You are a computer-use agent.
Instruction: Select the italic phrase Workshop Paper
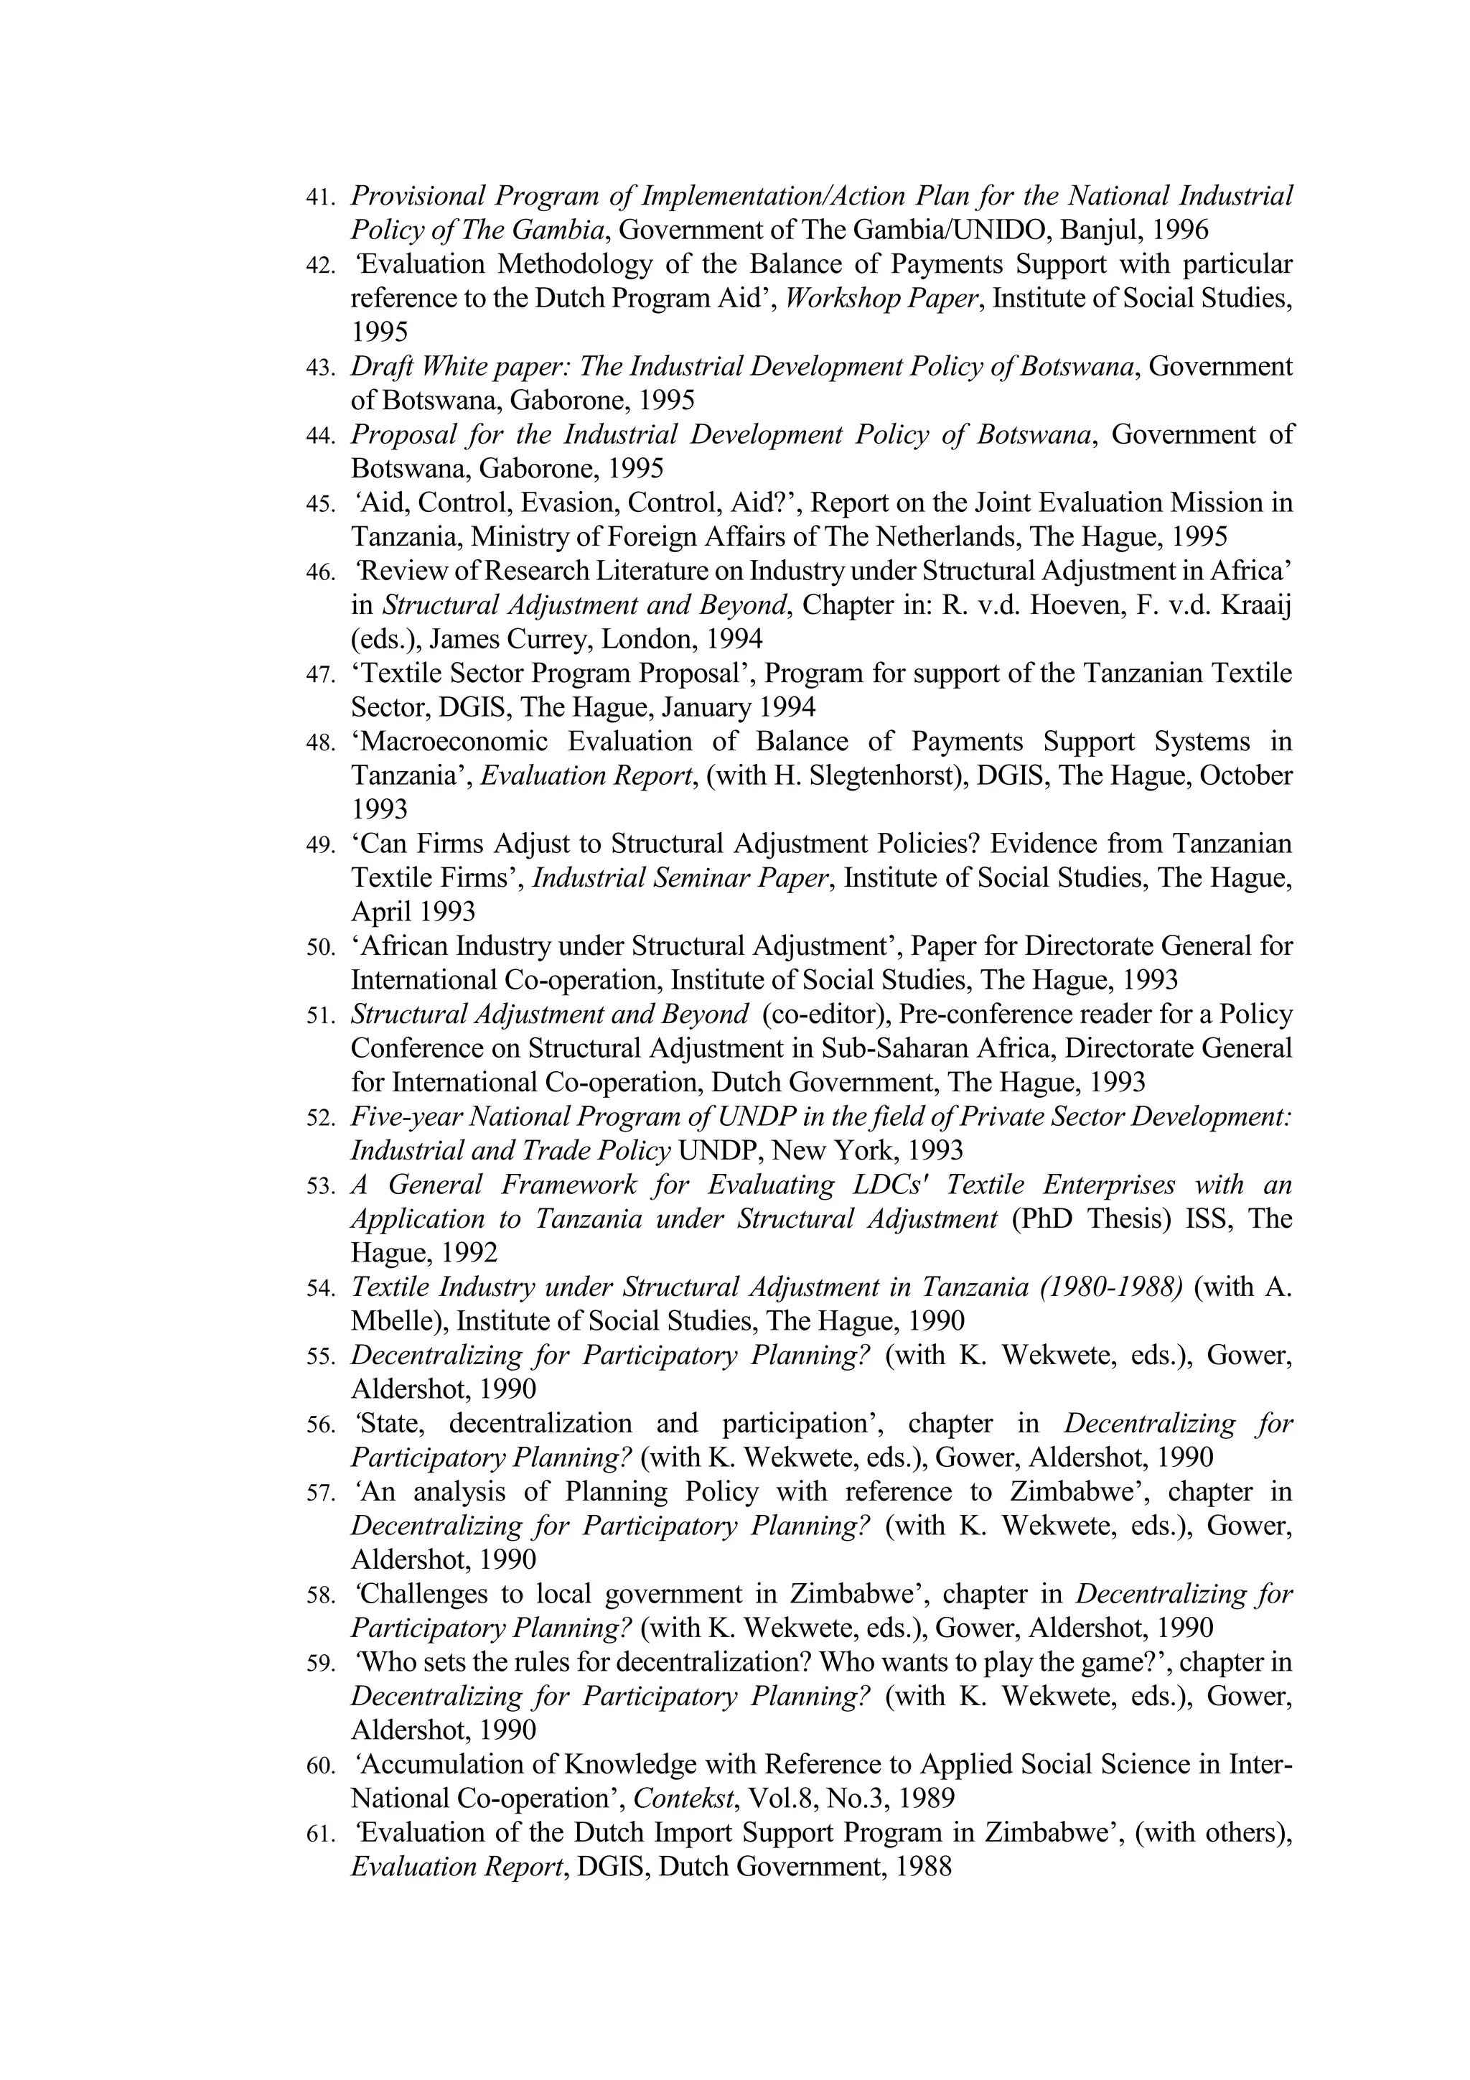(x=882, y=298)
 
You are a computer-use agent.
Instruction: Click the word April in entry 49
(x=380, y=911)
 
